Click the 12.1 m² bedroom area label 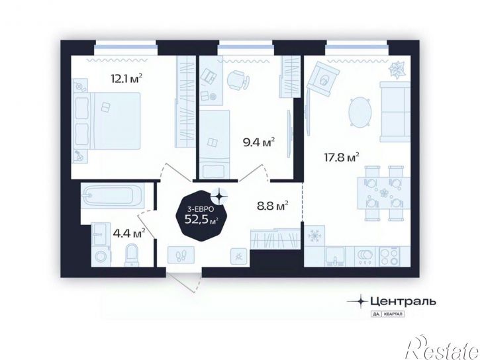[x=126, y=79]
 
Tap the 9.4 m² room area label [x=259, y=142]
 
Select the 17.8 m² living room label [x=342, y=157]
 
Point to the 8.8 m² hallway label [x=273, y=206]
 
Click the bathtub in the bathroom [x=113, y=195]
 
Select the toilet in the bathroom [x=132, y=255]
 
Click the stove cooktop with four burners [x=390, y=255]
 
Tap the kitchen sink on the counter [x=335, y=255]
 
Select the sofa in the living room [x=395, y=112]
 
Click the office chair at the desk [x=238, y=80]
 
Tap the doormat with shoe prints [x=181, y=254]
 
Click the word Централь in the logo [x=403, y=302]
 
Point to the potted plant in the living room [x=397, y=69]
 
